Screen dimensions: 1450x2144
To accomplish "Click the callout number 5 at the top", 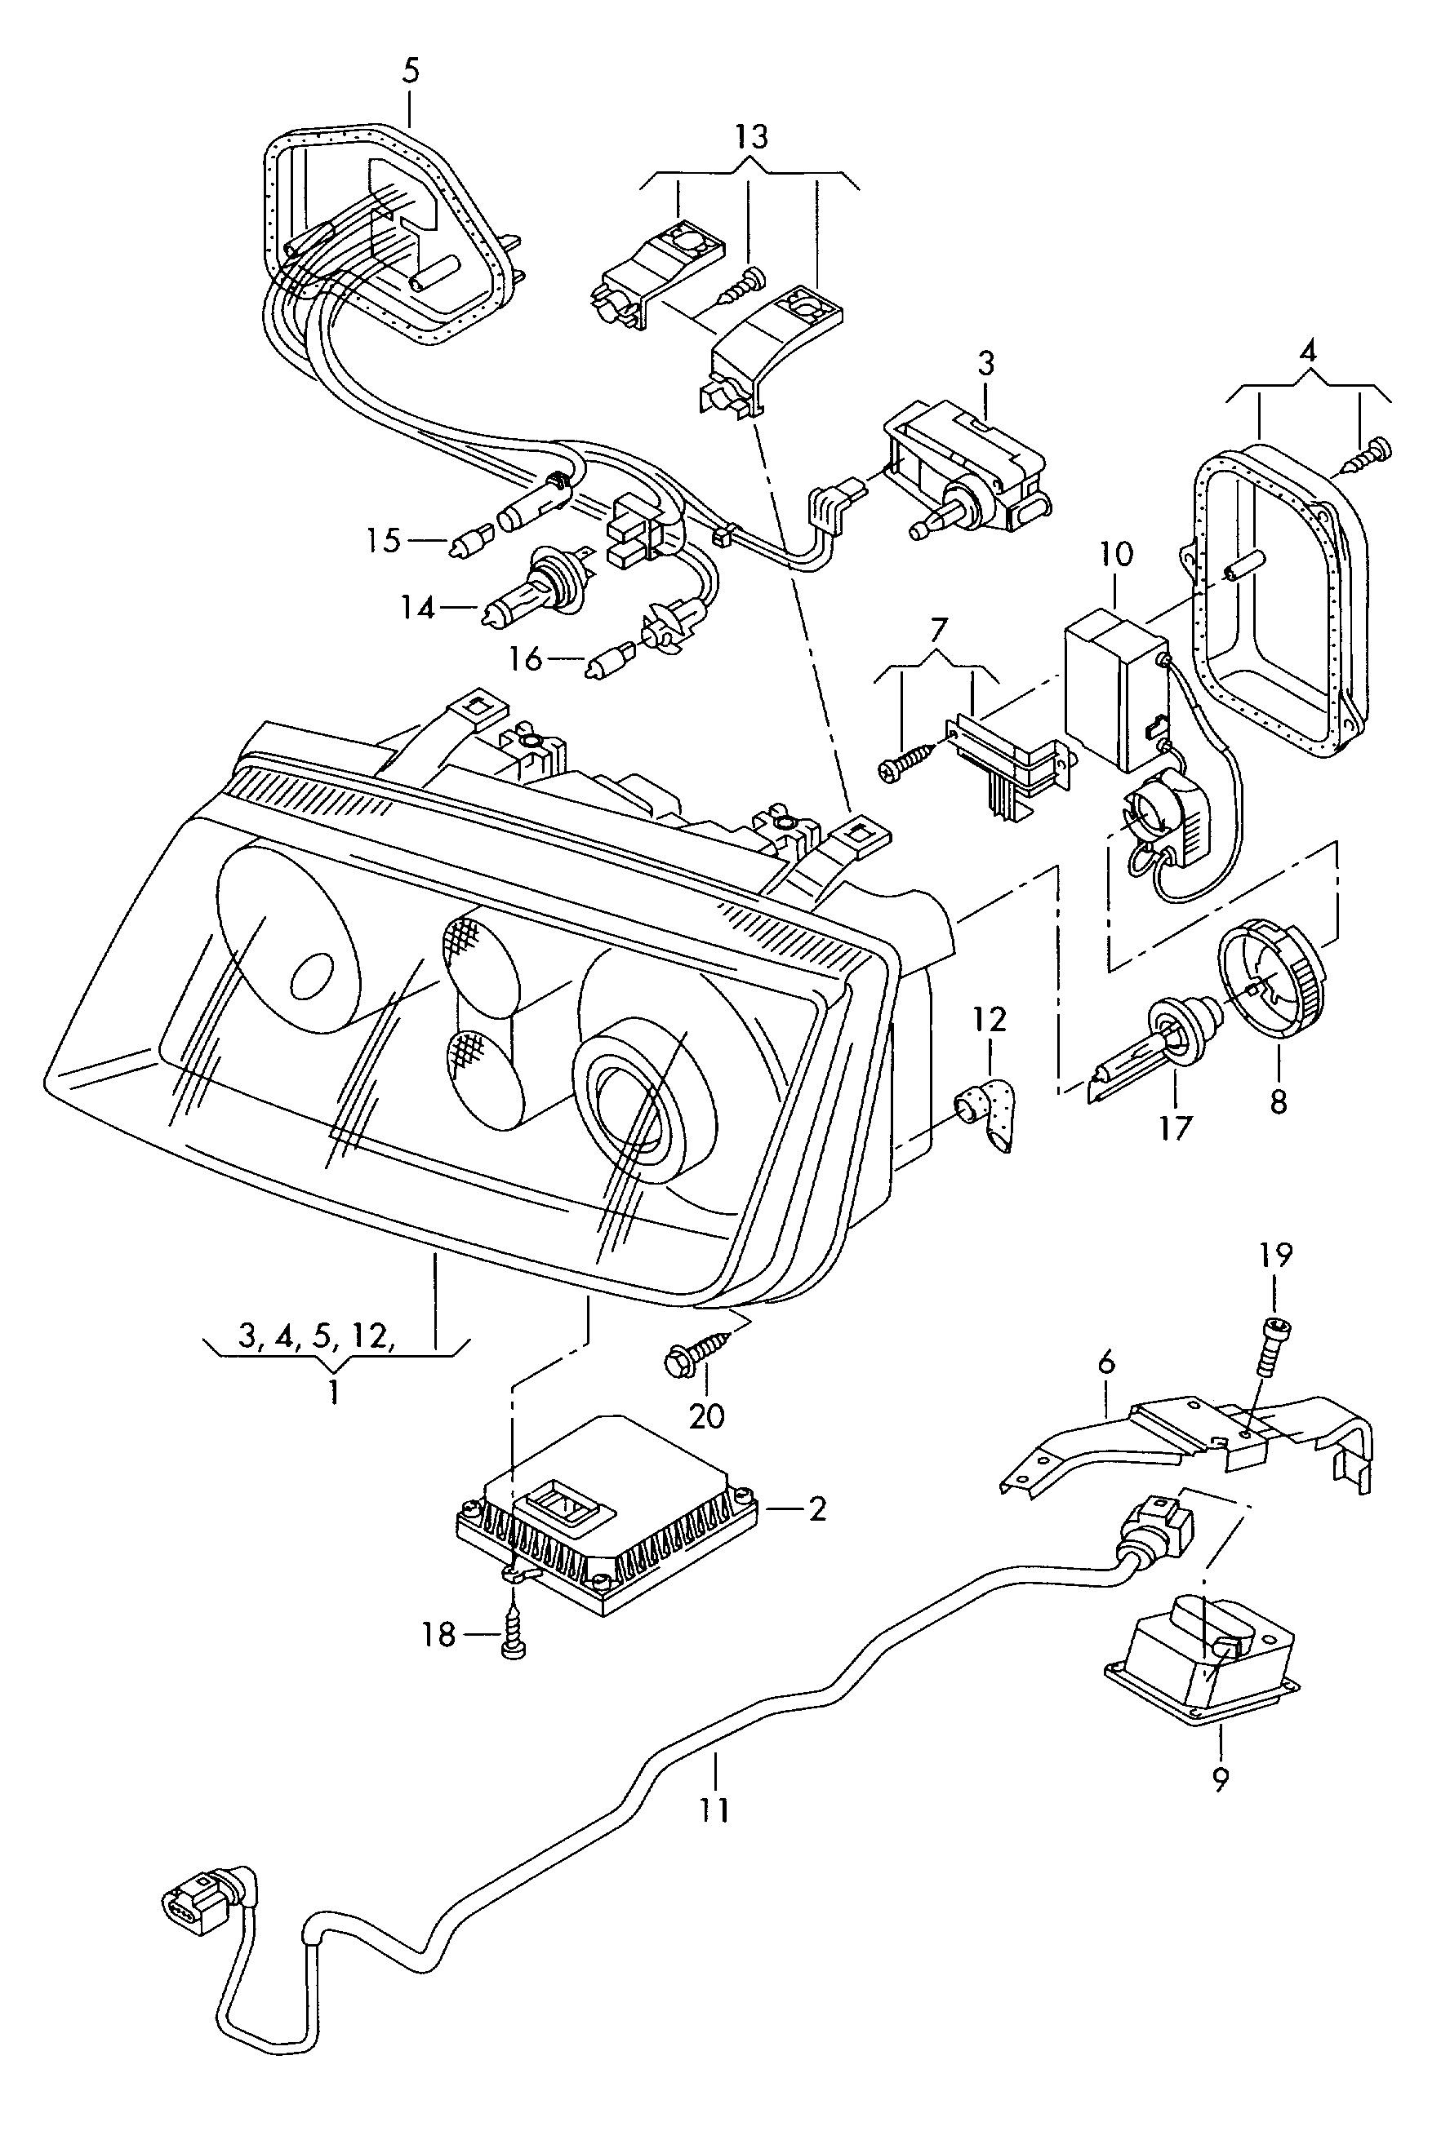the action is click(411, 70).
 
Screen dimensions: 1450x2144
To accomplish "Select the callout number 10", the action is click(1116, 555).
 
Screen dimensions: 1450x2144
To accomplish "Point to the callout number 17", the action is click(1175, 1127).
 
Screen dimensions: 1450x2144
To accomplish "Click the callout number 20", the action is click(707, 1415).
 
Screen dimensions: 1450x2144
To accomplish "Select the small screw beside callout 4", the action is click(1370, 456).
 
